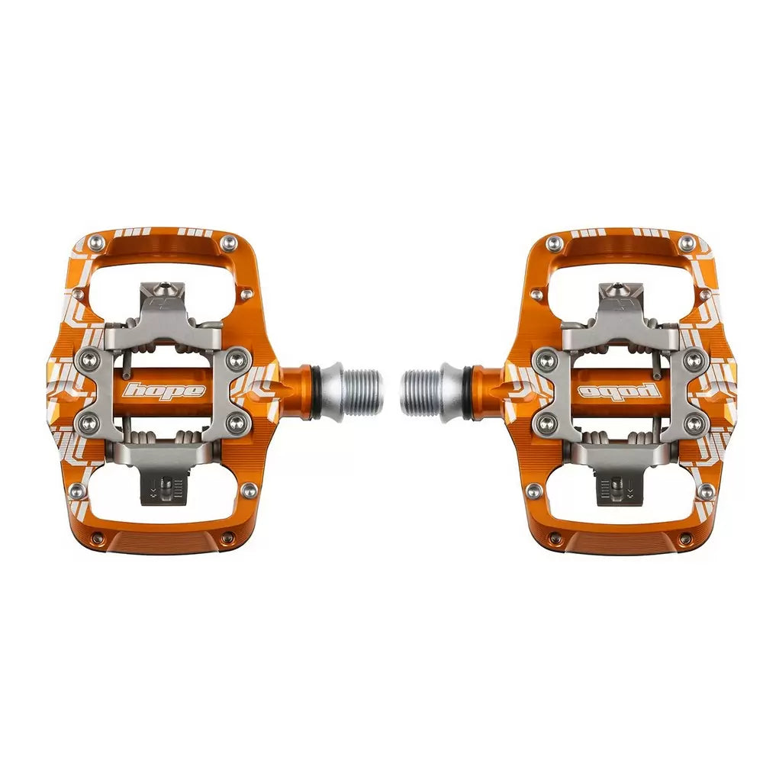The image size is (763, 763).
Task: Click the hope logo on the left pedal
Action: click(165, 390)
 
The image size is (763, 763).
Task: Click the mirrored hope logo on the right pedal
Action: click(619, 390)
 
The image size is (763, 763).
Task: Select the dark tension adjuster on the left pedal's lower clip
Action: click(163, 488)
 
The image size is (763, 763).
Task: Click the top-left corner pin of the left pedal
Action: click(97, 240)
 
